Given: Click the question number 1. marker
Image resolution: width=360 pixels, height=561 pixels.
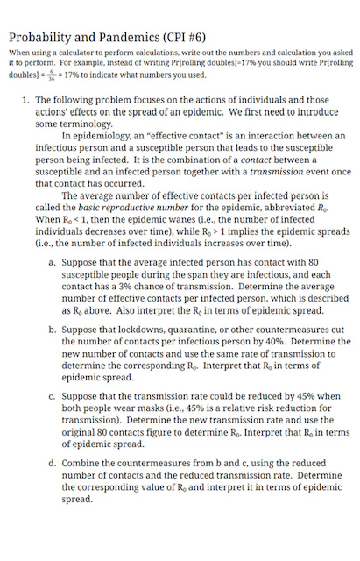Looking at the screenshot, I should click(25, 102).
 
